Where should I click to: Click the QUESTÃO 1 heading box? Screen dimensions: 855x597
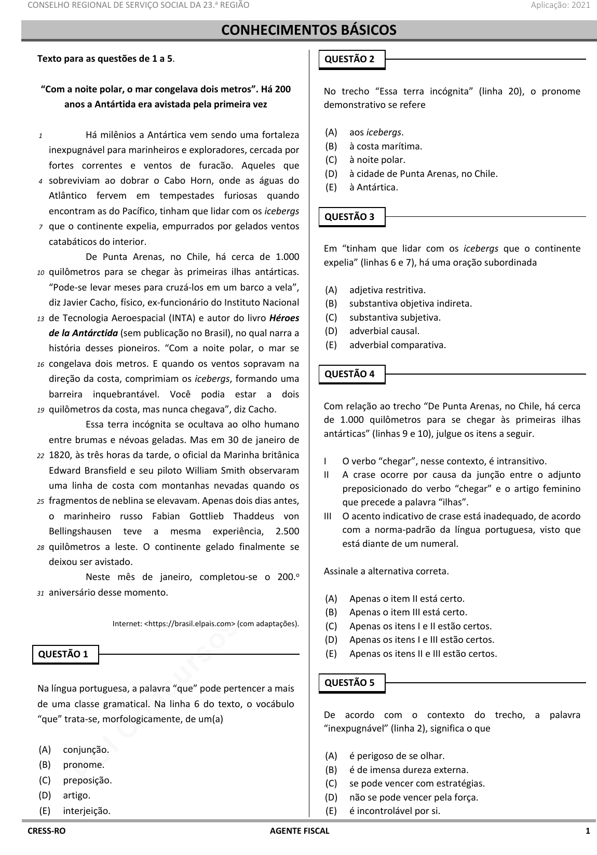(x=65, y=654)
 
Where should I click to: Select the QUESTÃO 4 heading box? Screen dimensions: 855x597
(x=352, y=374)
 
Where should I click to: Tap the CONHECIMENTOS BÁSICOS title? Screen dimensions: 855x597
(x=309, y=30)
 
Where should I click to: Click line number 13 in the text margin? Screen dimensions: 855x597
(x=40, y=319)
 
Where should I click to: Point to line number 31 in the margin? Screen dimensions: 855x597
(x=40, y=593)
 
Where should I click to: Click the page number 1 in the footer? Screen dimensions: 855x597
(x=588, y=831)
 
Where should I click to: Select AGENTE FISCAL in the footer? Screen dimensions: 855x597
(x=300, y=831)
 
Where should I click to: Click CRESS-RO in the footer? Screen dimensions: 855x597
(x=47, y=831)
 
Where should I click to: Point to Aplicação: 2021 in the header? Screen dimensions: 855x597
(x=560, y=5)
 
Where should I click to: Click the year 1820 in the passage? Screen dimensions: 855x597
(x=59, y=455)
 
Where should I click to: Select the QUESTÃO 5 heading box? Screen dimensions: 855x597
(x=352, y=683)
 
